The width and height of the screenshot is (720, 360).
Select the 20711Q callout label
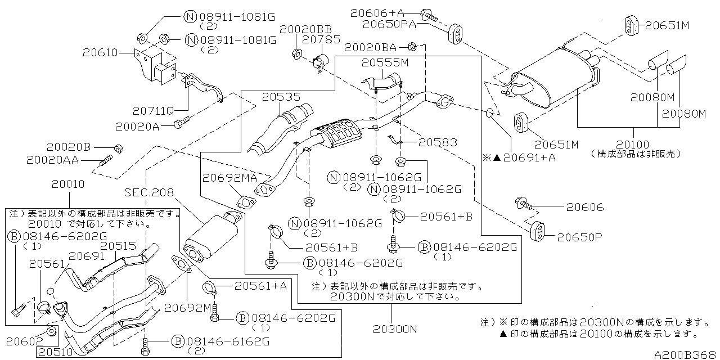click(x=154, y=110)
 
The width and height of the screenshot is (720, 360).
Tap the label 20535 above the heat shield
click(x=281, y=97)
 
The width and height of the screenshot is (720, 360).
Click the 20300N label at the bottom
click(x=393, y=328)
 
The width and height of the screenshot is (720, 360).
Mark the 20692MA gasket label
click(x=230, y=178)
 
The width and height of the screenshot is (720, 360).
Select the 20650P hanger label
click(x=579, y=237)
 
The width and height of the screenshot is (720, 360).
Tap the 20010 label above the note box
click(x=68, y=184)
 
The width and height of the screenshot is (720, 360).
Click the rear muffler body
click(x=554, y=79)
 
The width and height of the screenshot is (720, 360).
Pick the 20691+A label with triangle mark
click(x=524, y=157)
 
